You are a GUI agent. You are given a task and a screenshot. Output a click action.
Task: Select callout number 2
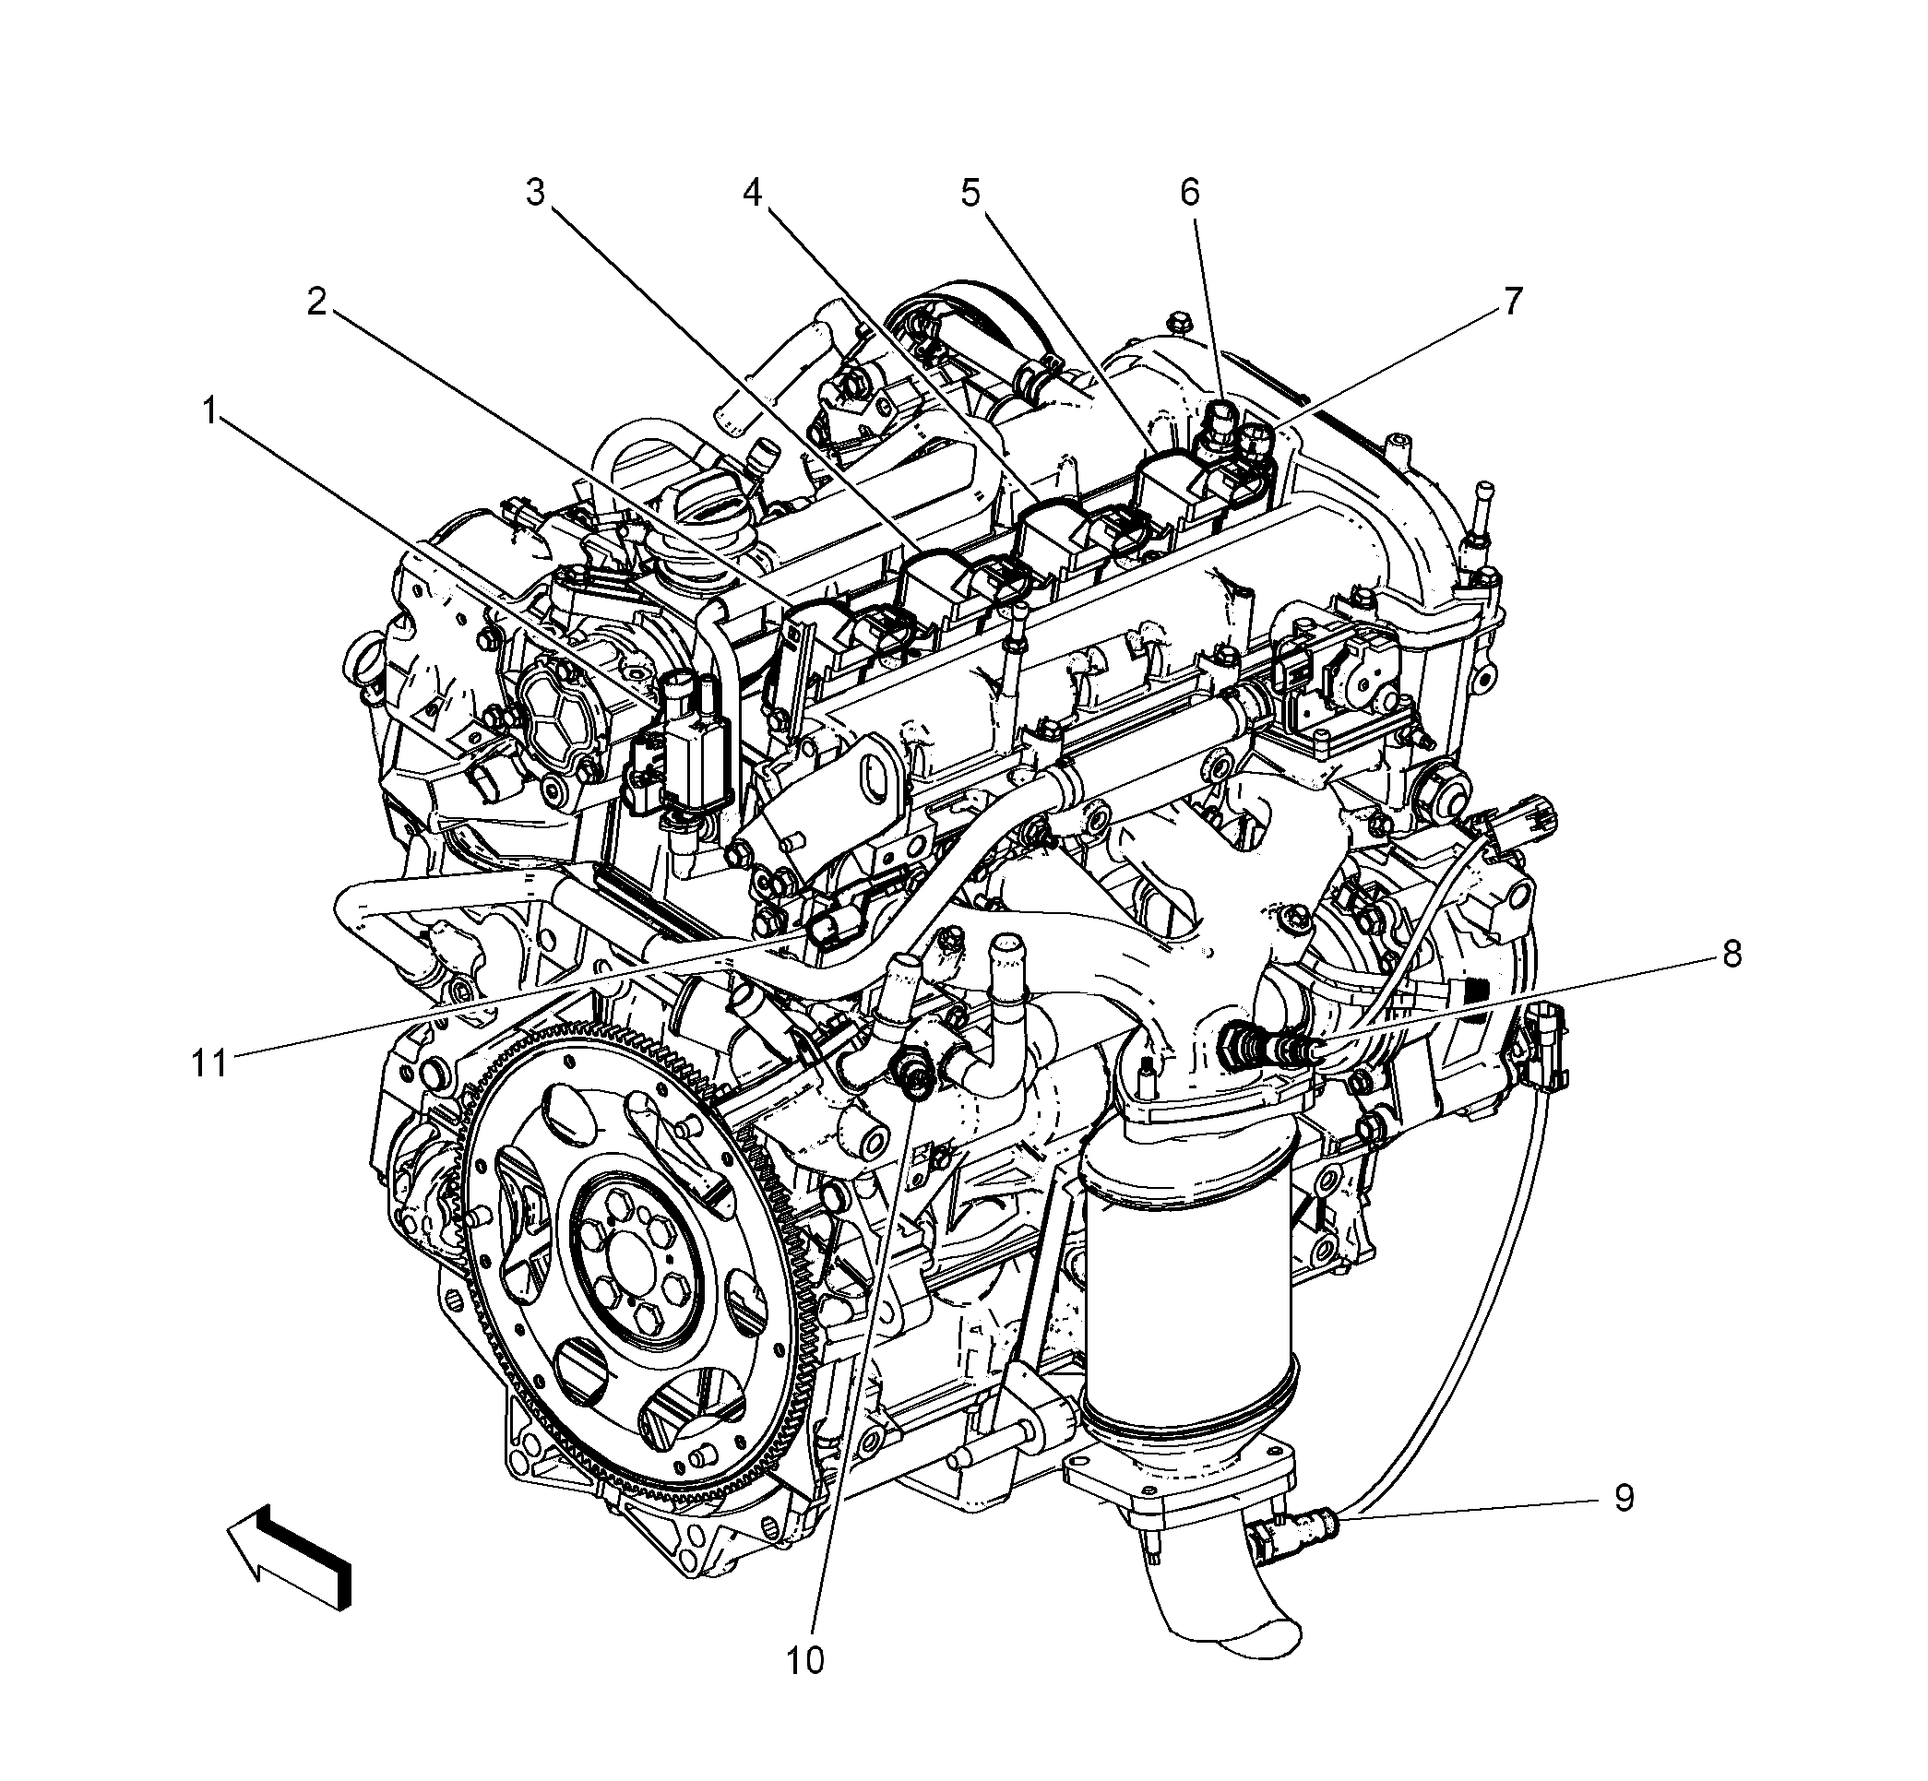tap(317, 303)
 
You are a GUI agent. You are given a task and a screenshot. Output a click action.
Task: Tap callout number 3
tap(535, 192)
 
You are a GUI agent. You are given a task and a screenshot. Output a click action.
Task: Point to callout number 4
tap(752, 192)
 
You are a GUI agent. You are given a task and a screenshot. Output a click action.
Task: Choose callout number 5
tap(970, 192)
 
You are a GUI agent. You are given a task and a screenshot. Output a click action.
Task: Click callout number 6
tap(1190, 192)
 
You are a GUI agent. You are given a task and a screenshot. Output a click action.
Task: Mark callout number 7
tap(1513, 302)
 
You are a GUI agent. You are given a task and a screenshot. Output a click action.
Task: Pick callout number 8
tap(1732, 954)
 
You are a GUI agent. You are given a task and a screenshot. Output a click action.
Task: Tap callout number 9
tap(1625, 1499)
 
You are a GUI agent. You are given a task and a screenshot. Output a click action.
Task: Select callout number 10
tap(806, 1660)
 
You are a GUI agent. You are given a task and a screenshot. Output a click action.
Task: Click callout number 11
tap(209, 1063)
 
